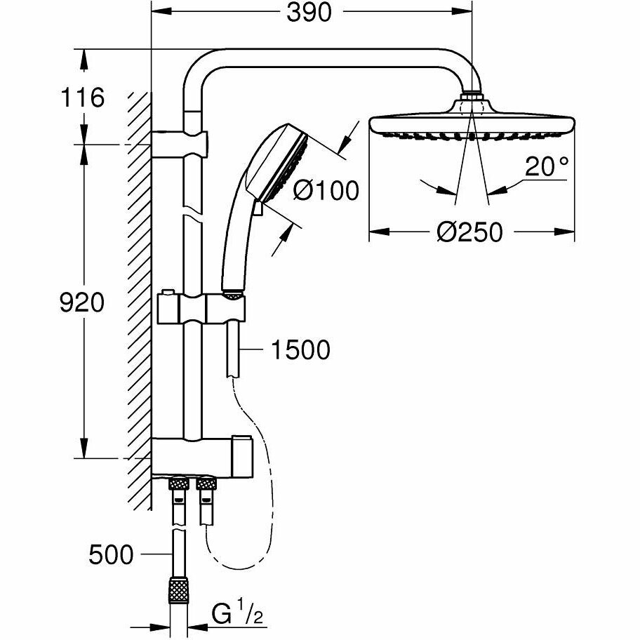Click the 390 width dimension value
click(x=309, y=13)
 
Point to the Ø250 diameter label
click(x=469, y=232)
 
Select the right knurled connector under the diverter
click(x=207, y=484)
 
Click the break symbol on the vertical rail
click(x=191, y=213)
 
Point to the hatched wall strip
click(x=140, y=295)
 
